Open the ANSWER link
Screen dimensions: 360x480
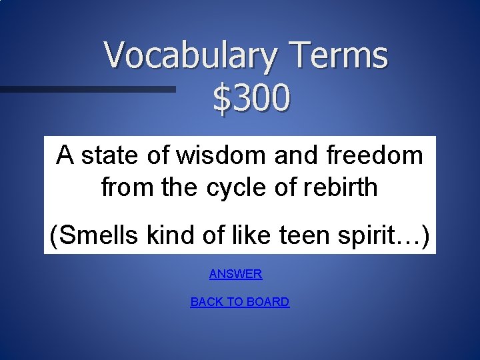[x=235, y=274]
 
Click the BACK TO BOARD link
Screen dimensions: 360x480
[x=239, y=302]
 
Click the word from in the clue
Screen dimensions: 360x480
[x=126, y=187]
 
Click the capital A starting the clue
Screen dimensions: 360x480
[x=65, y=155]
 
